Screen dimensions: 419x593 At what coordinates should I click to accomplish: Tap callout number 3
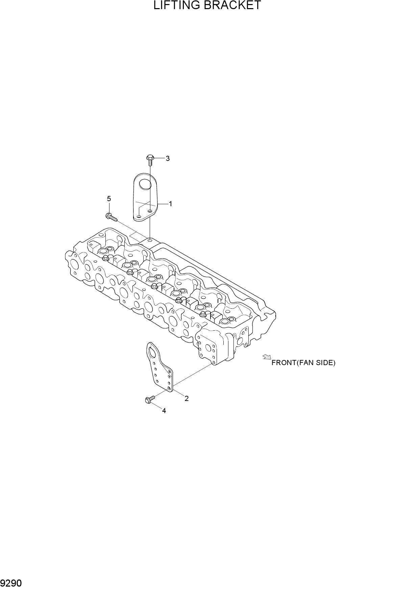click(168, 159)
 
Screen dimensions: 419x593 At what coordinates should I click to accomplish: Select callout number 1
click(171, 204)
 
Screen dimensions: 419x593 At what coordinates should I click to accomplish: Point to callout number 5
click(109, 199)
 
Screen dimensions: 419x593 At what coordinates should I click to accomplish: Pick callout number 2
click(187, 399)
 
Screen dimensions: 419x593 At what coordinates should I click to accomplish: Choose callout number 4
click(164, 411)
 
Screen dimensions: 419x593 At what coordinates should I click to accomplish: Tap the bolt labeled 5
click(111, 217)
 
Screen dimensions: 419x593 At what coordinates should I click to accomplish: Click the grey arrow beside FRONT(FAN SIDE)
click(267, 357)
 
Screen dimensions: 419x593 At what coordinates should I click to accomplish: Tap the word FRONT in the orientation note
click(284, 363)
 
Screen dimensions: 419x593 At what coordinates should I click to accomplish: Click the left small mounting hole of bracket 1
click(139, 216)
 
